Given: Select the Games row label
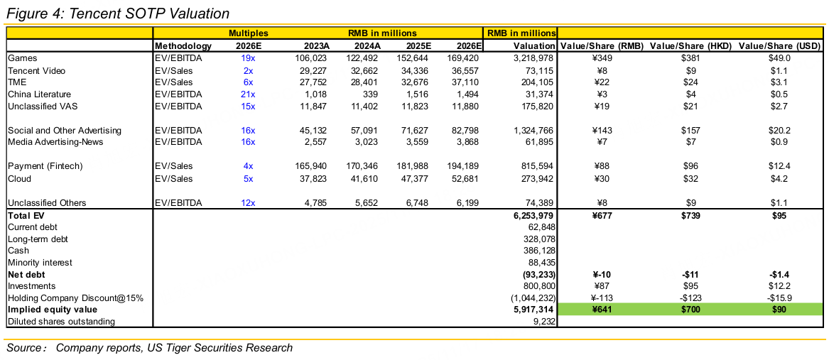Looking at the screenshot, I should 23,58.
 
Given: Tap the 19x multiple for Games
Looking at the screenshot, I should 248,58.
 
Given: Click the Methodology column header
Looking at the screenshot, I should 183,46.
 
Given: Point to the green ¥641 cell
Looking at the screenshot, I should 601,310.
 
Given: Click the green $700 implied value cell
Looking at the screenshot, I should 690,310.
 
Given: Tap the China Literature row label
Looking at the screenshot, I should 39,94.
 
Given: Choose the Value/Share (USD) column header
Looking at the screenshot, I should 779,46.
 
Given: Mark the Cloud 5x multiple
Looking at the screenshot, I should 248,178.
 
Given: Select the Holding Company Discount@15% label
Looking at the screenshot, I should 75,298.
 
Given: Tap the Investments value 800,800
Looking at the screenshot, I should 533,285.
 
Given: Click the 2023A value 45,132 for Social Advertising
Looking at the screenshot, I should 312,131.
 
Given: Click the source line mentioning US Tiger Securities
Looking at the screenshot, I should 150,348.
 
